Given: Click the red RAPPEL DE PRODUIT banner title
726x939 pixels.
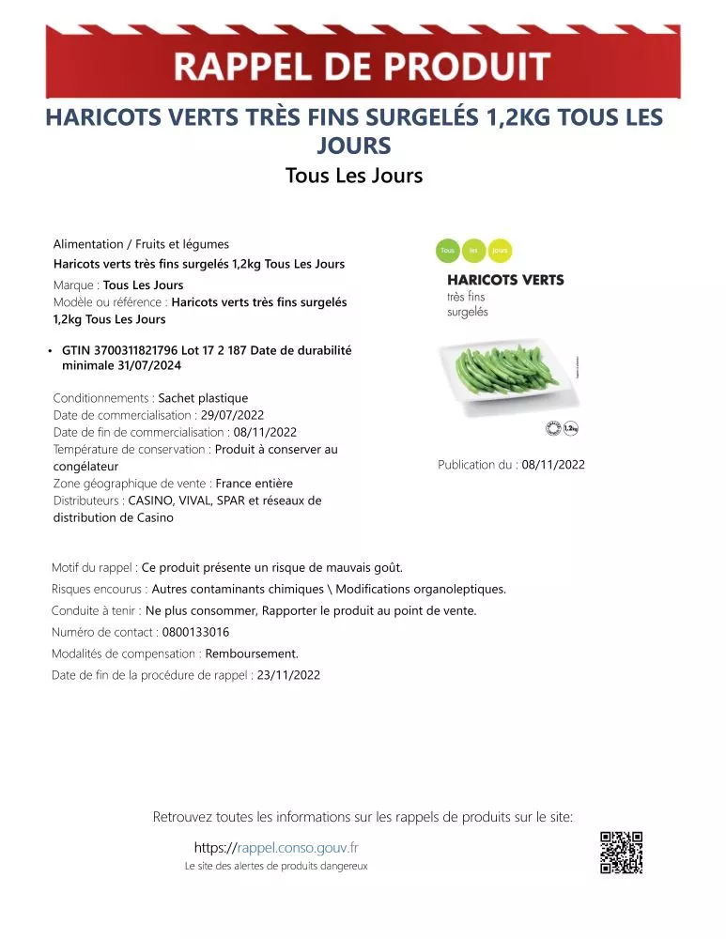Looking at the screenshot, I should click(363, 68).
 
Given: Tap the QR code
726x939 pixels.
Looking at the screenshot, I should click(621, 853).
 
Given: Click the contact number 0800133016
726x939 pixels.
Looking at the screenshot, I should click(195, 633).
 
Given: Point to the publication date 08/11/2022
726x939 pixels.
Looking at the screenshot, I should click(553, 465).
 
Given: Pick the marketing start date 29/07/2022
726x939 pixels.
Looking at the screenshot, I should click(233, 415).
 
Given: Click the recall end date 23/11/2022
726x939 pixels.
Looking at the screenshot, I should click(288, 675).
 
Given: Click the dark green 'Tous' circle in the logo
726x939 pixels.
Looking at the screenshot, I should click(448, 251).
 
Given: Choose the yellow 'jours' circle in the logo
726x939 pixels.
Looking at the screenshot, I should click(501, 251).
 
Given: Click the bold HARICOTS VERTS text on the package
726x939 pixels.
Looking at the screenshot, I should click(505, 280).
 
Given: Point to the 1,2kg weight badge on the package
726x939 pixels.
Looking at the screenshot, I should click(570, 429).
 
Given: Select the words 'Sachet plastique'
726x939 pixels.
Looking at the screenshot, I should click(203, 398).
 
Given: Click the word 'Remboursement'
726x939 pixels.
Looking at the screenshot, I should click(252, 654).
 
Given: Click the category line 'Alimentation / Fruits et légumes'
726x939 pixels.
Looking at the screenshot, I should click(141, 244).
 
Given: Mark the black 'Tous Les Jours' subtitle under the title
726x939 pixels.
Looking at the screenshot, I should click(354, 176).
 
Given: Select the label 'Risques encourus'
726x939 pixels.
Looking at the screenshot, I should click(99, 590).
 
